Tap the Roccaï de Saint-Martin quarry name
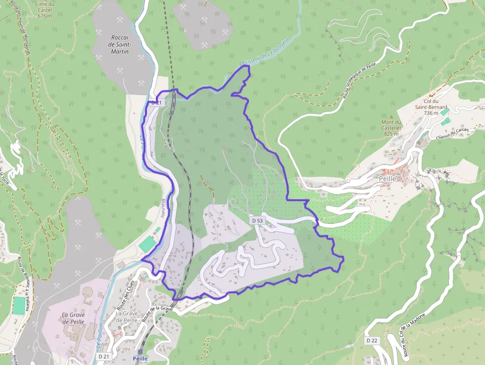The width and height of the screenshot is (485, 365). click(x=119, y=44)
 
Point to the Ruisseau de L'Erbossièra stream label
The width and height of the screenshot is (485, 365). click(x=265, y=52)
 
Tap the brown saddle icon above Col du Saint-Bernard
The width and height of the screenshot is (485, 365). click(x=430, y=94)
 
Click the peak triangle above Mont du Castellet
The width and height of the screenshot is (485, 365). click(x=391, y=116)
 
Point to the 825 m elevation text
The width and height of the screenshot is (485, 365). click(x=391, y=134)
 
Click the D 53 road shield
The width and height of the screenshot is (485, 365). click(x=256, y=220)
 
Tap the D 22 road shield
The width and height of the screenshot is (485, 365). click(x=372, y=341)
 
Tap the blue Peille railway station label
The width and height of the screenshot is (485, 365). click(x=141, y=359)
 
